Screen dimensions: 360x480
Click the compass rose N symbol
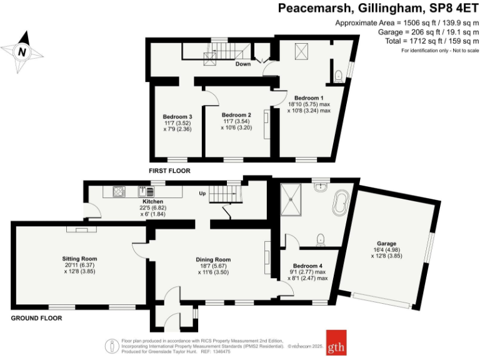click(x=22, y=52)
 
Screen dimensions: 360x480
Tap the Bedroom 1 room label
click(x=308, y=98)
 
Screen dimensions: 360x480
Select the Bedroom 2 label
click(x=236, y=115)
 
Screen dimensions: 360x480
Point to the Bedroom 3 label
click(x=177, y=117)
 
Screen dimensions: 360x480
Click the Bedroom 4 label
click(x=307, y=266)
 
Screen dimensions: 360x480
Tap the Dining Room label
click(x=214, y=259)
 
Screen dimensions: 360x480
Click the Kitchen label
click(x=152, y=201)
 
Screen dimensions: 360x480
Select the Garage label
click(x=386, y=243)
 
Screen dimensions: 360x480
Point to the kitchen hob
click(x=119, y=192)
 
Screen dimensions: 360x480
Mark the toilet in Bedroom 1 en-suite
click(x=338, y=76)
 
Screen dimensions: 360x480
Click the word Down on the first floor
click(x=243, y=64)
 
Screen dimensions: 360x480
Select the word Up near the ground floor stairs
click(x=202, y=194)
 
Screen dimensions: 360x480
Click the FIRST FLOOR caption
click(x=169, y=171)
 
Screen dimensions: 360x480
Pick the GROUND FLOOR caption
click(x=37, y=318)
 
